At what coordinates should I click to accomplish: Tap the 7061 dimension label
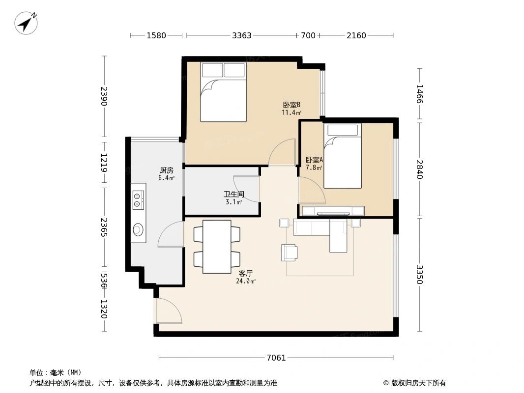click(x=276, y=358)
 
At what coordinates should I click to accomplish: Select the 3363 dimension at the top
click(x=242, y=35)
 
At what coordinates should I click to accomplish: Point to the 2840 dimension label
click(x=419, y=169)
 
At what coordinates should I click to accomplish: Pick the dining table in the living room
click(x=217, y=247)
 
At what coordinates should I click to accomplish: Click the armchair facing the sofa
click(x=290, y=252)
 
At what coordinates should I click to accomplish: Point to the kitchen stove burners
click(x=138, y=197)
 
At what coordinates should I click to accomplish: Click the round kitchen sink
click(x=138, y=229)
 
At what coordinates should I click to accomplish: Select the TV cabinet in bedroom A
click(x=333, y=211)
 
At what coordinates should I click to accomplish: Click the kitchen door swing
click(x=171, y=235)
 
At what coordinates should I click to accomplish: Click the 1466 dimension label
click(x=419, y=94)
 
